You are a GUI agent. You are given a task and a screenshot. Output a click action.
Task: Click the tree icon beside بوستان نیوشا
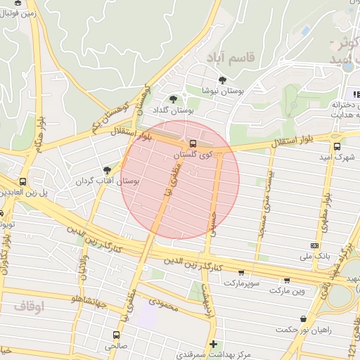(x=223, y=80)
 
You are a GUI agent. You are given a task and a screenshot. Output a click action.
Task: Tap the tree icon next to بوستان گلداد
(x=174, y=99)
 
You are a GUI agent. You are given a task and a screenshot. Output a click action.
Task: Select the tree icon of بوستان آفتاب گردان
(x=107, y=169)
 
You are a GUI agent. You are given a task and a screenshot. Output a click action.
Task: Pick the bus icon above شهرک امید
(x=337, y=147)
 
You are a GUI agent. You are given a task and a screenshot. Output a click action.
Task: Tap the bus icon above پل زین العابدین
(x=23, y=181)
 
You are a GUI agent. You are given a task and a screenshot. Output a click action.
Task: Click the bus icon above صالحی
(x=117, y=335)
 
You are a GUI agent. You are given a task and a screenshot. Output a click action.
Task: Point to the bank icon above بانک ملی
(x=314, y=245)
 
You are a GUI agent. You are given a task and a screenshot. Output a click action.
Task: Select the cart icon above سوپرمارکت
(x=242, y=272)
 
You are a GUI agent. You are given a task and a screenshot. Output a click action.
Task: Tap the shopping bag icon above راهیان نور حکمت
(x=303, y=319)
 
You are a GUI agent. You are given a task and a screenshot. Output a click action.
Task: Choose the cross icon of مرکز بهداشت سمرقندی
(x=213, y=343)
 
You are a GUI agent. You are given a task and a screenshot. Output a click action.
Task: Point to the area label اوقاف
(x=29, y=307)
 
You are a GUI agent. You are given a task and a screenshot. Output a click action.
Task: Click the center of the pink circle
(x=180, y=180)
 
